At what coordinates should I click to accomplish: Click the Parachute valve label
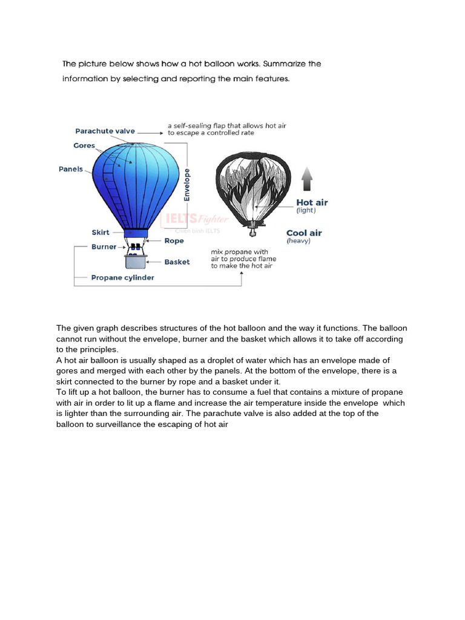[105, 131]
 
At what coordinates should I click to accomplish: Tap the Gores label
[84, 146]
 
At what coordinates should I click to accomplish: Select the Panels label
[71, 170]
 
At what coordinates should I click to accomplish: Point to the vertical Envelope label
[187, 184]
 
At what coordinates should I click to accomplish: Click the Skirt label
[100, 232]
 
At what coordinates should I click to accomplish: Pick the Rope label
[174, 241]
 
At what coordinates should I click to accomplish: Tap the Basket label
[177, 262]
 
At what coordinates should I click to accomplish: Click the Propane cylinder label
[122, 278]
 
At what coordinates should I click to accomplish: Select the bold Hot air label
[312, 203]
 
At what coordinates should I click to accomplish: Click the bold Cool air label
[304, 233]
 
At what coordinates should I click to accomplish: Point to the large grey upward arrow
[307, 179]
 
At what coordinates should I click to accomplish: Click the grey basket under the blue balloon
[136, 261]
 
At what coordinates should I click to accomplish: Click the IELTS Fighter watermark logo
[192, 219]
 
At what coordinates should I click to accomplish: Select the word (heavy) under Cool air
[298, 241]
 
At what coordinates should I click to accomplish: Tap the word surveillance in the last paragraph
[116, 424]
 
